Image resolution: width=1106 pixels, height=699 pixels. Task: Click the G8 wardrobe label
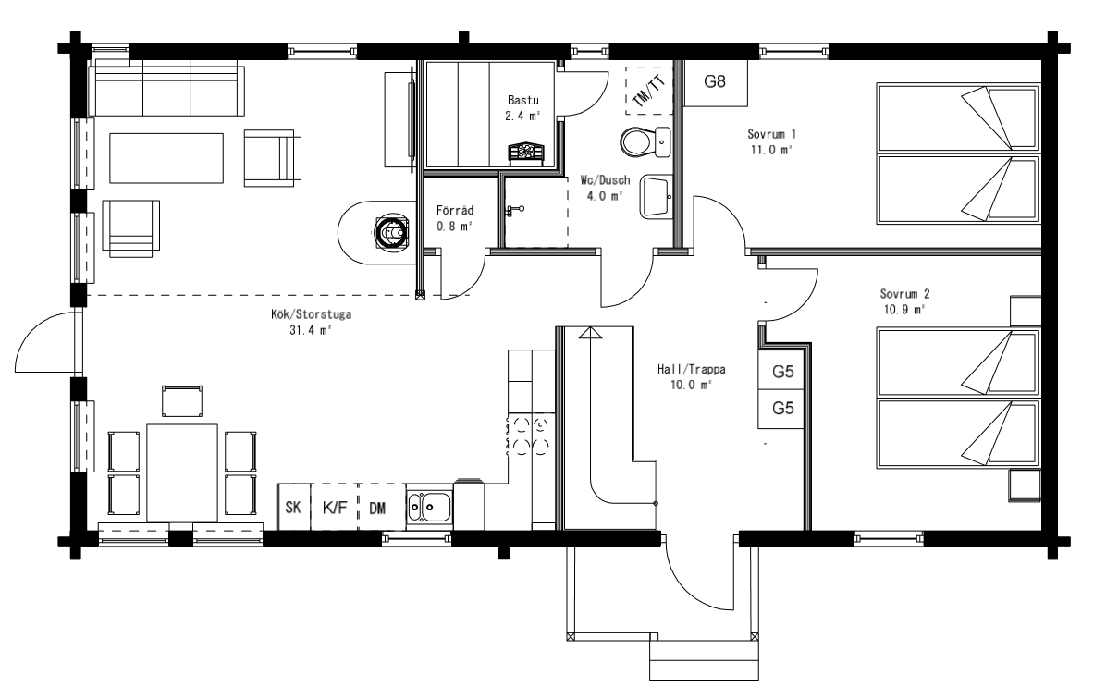click(715, 81)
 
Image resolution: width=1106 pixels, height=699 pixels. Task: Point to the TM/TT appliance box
click(649, 90)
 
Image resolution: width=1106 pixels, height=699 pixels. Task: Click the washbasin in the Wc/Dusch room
click(656, 197)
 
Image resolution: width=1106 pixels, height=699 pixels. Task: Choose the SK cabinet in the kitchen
click(293, 507)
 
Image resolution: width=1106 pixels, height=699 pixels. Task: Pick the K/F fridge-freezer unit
click(335, 507)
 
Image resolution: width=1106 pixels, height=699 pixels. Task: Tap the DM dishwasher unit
click(382, 507)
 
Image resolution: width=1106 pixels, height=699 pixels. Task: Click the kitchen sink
click(429, 508)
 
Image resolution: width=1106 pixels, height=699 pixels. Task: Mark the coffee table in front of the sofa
click(166, 159)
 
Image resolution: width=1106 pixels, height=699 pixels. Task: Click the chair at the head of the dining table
click(182, 401)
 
